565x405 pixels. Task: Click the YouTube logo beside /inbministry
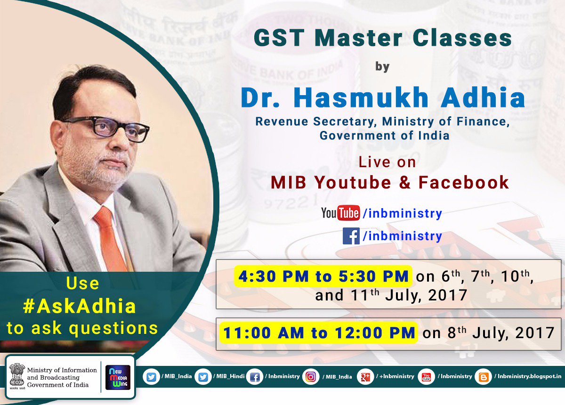340,213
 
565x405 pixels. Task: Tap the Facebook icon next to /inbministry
351,236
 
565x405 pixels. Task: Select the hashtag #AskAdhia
80,307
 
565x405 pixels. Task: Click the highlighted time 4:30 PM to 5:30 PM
323,276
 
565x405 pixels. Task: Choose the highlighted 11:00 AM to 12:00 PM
319,333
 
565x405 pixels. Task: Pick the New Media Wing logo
118,377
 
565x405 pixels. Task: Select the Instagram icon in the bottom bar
311,377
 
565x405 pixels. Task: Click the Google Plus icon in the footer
365,377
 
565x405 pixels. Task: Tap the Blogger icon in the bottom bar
484,377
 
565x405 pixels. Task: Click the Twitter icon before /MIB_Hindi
203,377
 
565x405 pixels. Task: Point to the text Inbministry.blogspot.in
529,376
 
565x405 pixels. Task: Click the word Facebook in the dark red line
464,182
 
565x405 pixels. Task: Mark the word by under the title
382,67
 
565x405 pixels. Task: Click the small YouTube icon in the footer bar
426,377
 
